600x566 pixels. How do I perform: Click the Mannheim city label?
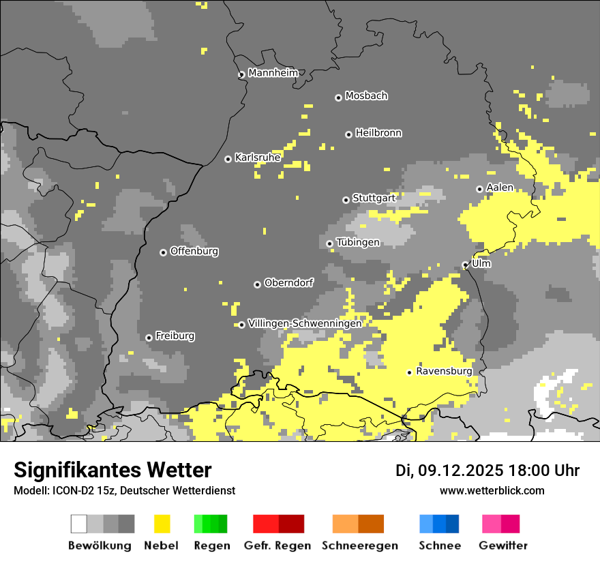273,73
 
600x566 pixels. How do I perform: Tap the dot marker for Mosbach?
338,98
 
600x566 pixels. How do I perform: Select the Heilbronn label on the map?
378,133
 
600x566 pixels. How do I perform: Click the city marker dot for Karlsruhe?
228,159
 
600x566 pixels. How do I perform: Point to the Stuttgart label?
374,198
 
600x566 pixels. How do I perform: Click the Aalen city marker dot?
479,189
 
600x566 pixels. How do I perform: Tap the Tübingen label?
358,242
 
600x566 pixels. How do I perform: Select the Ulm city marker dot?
465,265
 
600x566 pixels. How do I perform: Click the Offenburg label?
194,251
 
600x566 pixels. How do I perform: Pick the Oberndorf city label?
289,282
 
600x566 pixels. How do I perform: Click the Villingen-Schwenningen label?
305,323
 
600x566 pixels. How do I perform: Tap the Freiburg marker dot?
149,338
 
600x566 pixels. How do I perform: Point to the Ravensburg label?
444,371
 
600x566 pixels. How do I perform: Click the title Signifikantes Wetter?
112,470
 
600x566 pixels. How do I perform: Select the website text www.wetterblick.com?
492,490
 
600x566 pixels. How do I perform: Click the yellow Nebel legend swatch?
162,524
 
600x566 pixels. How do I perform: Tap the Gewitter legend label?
502,546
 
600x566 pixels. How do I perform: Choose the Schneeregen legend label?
359,546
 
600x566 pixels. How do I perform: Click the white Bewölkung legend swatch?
79,524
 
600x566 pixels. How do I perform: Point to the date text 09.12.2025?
461,471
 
